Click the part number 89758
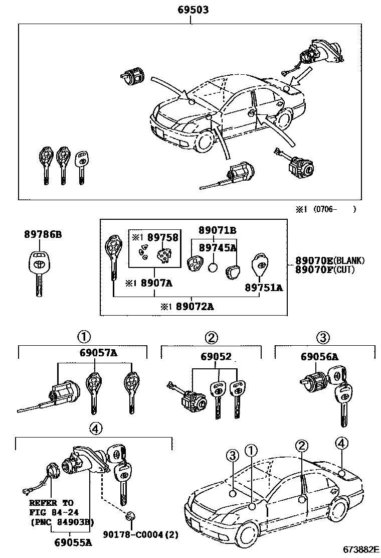(162, 237)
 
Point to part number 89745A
(218, 247)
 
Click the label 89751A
(263, 288)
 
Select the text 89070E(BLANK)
(329, 261)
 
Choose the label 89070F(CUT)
(324, 270)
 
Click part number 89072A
(195, 306)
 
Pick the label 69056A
(319, 357)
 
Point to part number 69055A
(73, 542)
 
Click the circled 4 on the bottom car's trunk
(341, 443)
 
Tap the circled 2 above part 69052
(212, 337)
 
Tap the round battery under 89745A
(213, 267)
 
